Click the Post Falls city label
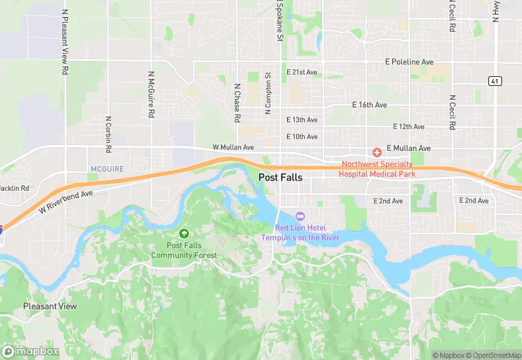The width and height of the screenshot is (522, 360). [x=280, y=177]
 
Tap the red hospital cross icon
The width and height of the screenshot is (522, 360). [x=376, y=152]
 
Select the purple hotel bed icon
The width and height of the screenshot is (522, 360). [x=299, y=217]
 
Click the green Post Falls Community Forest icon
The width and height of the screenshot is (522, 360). [x=183, y=235]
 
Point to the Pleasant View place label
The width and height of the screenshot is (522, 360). [x=49, y=306]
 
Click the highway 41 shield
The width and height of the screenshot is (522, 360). [x=495, y=81]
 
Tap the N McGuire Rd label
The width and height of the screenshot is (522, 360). [x=150, y=94]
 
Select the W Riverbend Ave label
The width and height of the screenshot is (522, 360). [x=65, y=201]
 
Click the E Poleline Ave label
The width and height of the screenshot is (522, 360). [x=409, y=62]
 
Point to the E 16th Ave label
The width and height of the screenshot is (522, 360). [x=370, y=105]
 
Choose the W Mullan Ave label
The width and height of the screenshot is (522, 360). [x=234, y=147]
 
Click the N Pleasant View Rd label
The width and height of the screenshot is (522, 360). [x=65, y=41]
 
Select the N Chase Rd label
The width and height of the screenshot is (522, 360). [x=237, y=103]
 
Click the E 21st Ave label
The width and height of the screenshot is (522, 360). [x=302, y=72]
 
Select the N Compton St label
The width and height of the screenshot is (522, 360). [x=269, y=93]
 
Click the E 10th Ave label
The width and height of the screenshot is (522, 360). [x=302, y=137]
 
